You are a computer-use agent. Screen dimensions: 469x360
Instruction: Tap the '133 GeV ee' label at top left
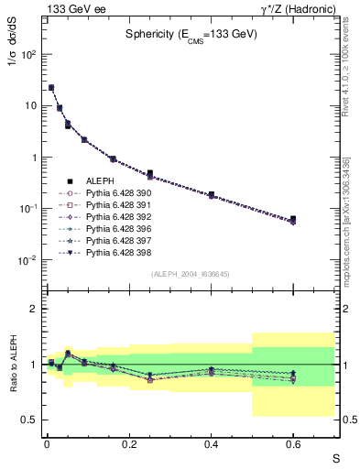tap(70, 8)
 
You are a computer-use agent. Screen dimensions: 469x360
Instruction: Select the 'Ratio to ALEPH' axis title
tap(16, 364)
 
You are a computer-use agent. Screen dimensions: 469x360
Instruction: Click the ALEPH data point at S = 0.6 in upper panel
tap(293, 220)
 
